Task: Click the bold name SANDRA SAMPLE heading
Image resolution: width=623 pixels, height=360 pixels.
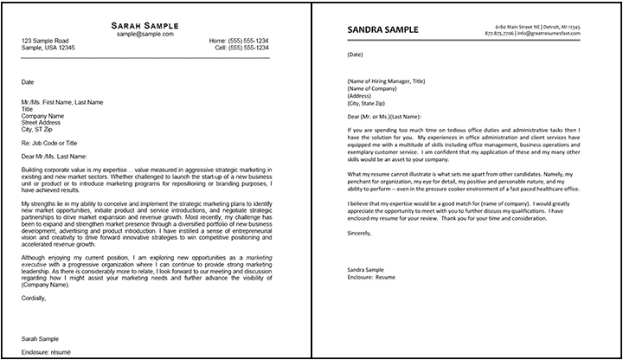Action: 385,29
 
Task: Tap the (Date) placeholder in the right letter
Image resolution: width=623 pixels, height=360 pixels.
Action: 355,54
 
